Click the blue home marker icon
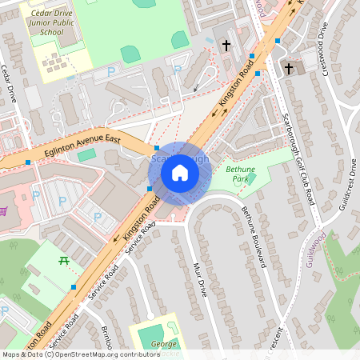180,172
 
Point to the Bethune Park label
240,174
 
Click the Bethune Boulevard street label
254,237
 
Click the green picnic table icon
64,260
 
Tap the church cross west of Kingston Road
226,46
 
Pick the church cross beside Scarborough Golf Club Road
289,69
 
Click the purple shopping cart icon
5,211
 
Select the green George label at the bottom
165,343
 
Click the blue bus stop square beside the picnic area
74,286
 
